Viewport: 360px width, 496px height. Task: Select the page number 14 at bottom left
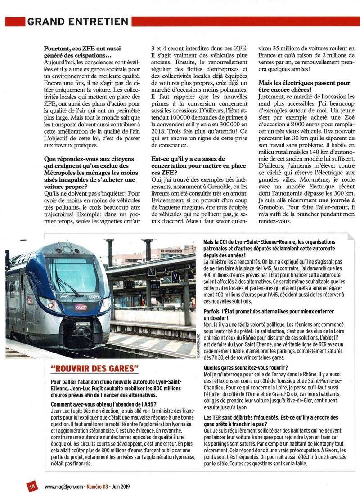31,486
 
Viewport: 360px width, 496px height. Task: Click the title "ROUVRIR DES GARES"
94,369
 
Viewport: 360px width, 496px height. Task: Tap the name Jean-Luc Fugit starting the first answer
67,411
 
